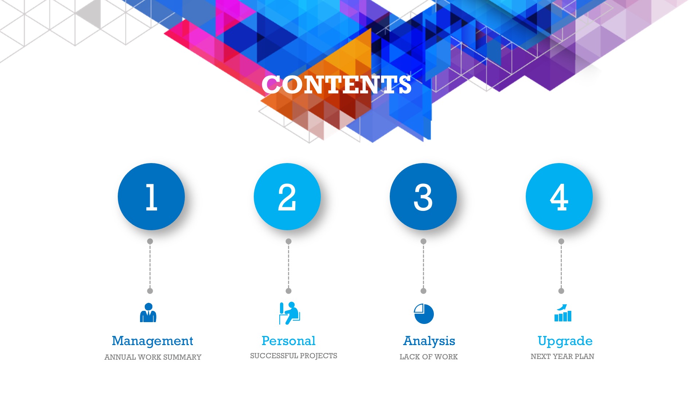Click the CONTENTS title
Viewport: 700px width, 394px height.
[x=337, y=85]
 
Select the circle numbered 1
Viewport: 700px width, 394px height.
[x=151, y=197]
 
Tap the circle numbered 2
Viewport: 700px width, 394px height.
[x=287, y=197]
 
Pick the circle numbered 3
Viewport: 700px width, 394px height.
[x=423, y=197]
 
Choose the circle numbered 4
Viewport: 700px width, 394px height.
[x=559, y=197]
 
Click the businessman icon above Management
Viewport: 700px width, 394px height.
[x=148, y=313]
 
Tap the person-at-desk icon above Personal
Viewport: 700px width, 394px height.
[x=289, y=313]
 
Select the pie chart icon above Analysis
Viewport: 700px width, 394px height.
[x=424, y=314]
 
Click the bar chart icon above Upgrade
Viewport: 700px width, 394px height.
[x=563, y=313]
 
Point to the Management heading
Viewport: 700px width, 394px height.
[x=152, y=341]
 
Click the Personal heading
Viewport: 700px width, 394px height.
[x=288, y=341]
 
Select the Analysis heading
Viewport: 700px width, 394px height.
[x=429, y=341]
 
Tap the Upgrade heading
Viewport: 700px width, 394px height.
[x=565, y=341]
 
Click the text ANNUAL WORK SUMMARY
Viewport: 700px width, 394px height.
[x=153, y=357]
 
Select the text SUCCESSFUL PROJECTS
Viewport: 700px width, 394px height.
[x=293, y=356]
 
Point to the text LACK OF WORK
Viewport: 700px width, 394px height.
[x=429, y=357]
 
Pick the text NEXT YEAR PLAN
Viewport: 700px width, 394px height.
[x=562, y=356]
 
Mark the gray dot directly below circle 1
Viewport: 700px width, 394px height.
[x=150, y=242]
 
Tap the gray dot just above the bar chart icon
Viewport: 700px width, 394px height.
[x=561, y=291]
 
